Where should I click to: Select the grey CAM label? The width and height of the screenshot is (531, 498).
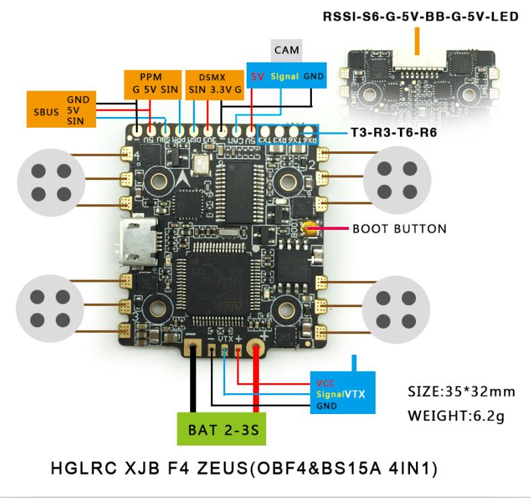pyautogui.click(x=286, y=50)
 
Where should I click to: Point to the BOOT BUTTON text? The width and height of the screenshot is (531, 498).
pyautogui.click(x=399, y=229)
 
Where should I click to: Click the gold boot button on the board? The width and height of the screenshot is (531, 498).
pyautogui.click(x=311, y=229)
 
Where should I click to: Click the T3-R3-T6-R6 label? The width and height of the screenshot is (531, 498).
pyautogui.click(x=393, y=133)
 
